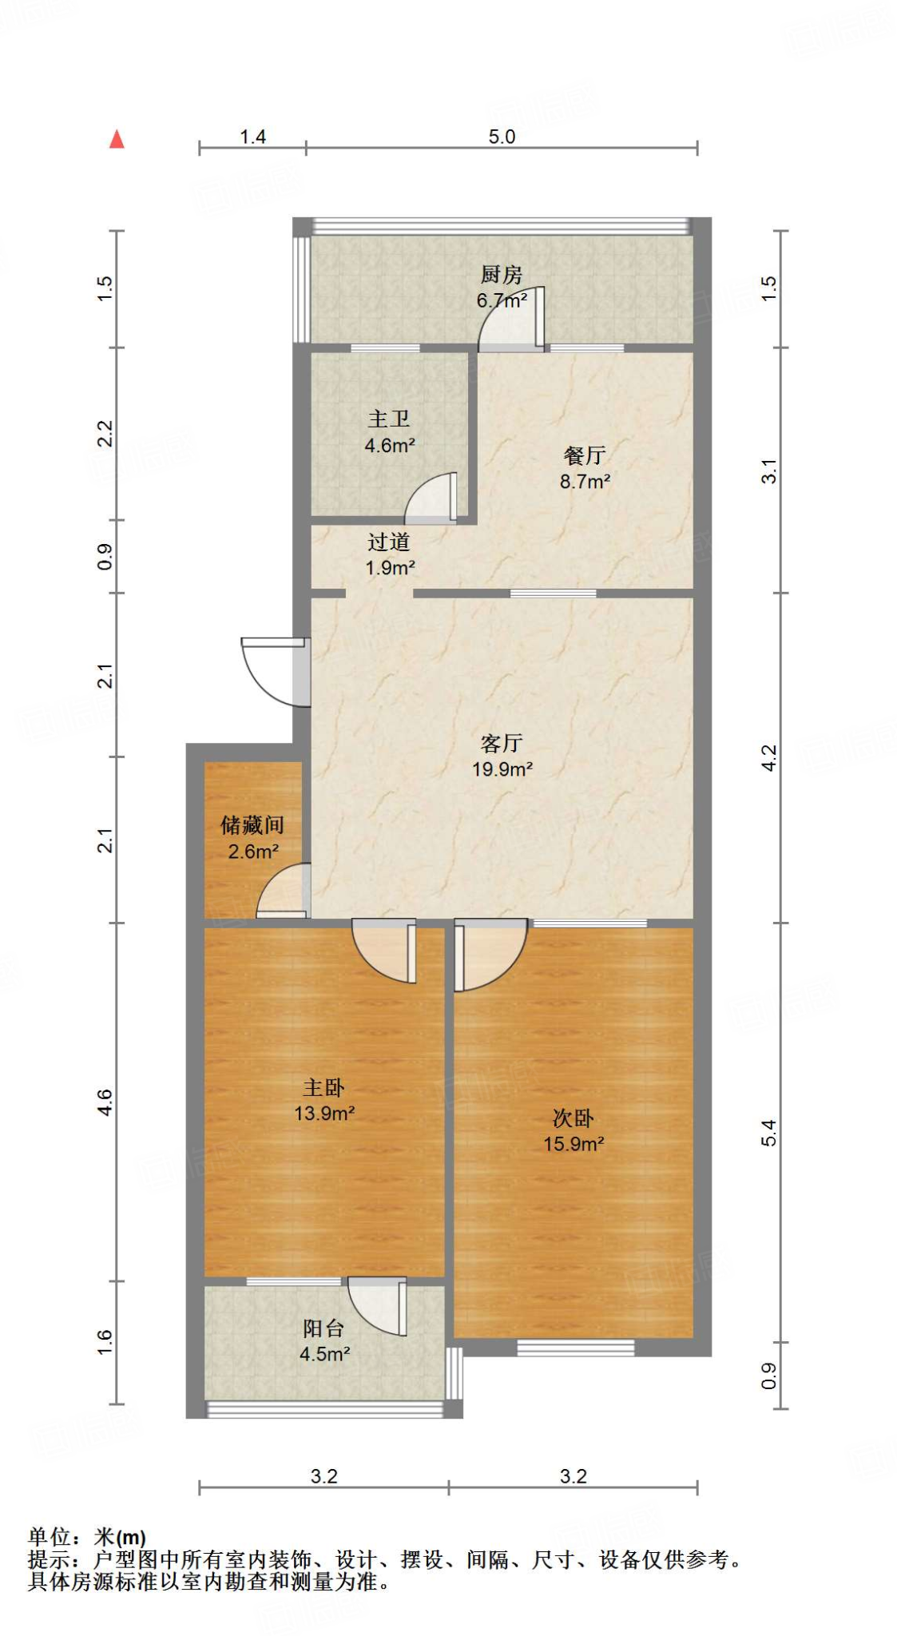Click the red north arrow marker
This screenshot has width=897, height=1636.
click(x=117, y=140)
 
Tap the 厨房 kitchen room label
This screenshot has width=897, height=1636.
click(x=501, y=275)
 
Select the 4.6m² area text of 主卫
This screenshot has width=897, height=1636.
click(x=389, y=446)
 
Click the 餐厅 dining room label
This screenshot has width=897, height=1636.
click(x=584, y=455)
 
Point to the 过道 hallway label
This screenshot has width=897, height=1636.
click(x=388, y=542)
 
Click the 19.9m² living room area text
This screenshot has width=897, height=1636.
click(x=502, y=769)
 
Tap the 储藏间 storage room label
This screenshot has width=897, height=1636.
click(x=252, y=825)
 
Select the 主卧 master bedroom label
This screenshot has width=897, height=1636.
click(x=323, y=1087)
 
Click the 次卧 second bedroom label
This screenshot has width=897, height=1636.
click(x=573, y=1118)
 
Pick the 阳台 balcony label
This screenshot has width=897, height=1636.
click(x=323, y=1328)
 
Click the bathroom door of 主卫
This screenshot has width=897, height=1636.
click(x=431, y=498)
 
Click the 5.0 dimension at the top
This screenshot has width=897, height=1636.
click(x=502, y=137)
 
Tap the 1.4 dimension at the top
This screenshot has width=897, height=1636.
click(x=252, y=137)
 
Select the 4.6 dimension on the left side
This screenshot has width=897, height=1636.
click(x=105, y=1102)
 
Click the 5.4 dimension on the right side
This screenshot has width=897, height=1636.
click(x=768, y=1133)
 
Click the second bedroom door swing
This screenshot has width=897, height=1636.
click(x=489, y=954)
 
